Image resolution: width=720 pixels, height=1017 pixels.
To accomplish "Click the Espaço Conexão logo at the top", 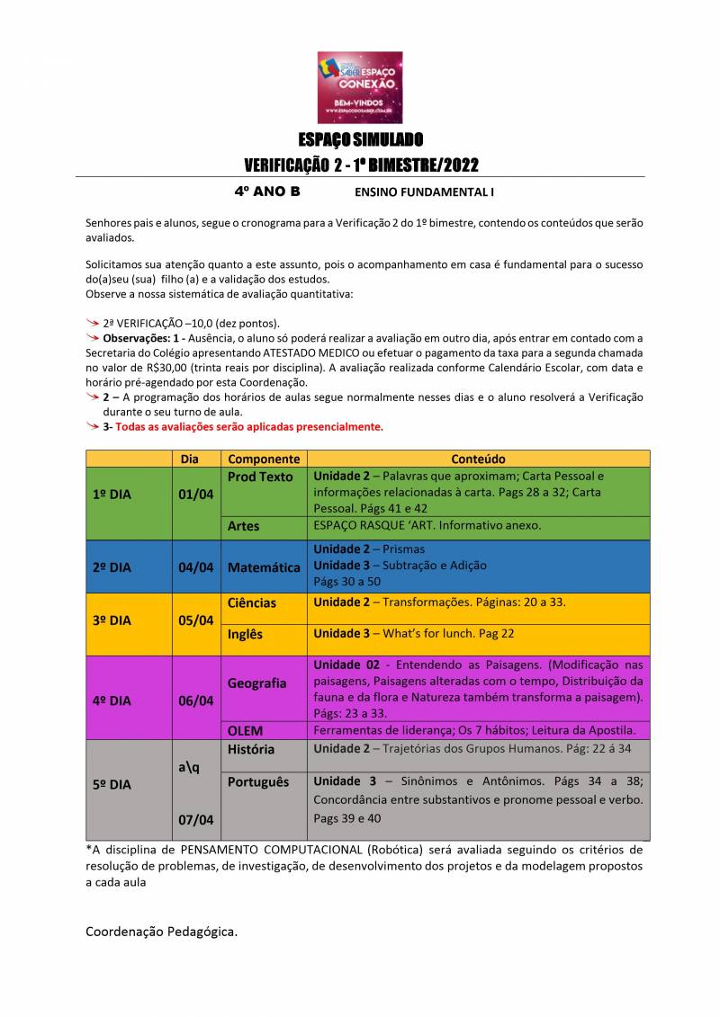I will [360, 87].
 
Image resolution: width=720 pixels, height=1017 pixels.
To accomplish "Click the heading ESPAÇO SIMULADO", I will [360, 140].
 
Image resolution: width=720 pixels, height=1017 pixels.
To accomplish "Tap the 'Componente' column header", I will [264, 459].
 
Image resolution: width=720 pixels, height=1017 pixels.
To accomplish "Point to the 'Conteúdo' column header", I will [478, 459].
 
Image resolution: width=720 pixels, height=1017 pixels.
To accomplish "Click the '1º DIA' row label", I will [112, 495].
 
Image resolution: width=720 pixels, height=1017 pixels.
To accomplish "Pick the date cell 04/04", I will [195, 567].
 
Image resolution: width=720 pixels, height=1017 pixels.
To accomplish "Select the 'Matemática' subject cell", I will [264, 567].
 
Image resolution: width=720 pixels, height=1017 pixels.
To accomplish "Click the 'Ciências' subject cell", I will [252, 602].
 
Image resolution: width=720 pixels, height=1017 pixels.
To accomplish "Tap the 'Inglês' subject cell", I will [246, 634].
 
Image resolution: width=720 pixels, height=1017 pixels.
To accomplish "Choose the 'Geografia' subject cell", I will [257, 683].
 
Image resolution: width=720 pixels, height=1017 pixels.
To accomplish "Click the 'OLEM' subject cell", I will [246, 730].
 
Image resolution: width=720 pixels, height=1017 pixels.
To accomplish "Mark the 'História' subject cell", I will [251, 749].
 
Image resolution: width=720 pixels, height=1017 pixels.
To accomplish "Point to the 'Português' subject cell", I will [258, 782].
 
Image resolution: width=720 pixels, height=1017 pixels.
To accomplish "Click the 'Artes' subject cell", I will [244, 525].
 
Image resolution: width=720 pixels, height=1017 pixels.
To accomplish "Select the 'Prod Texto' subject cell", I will [260, 477].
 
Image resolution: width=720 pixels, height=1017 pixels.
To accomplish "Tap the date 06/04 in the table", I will [195, 701].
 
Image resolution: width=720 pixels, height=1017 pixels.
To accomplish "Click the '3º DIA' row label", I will [112, 620].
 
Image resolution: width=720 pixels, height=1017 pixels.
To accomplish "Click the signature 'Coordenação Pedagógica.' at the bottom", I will [162, 932].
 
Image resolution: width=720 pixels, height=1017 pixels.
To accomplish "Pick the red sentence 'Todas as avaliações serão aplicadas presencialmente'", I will [248, 427].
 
